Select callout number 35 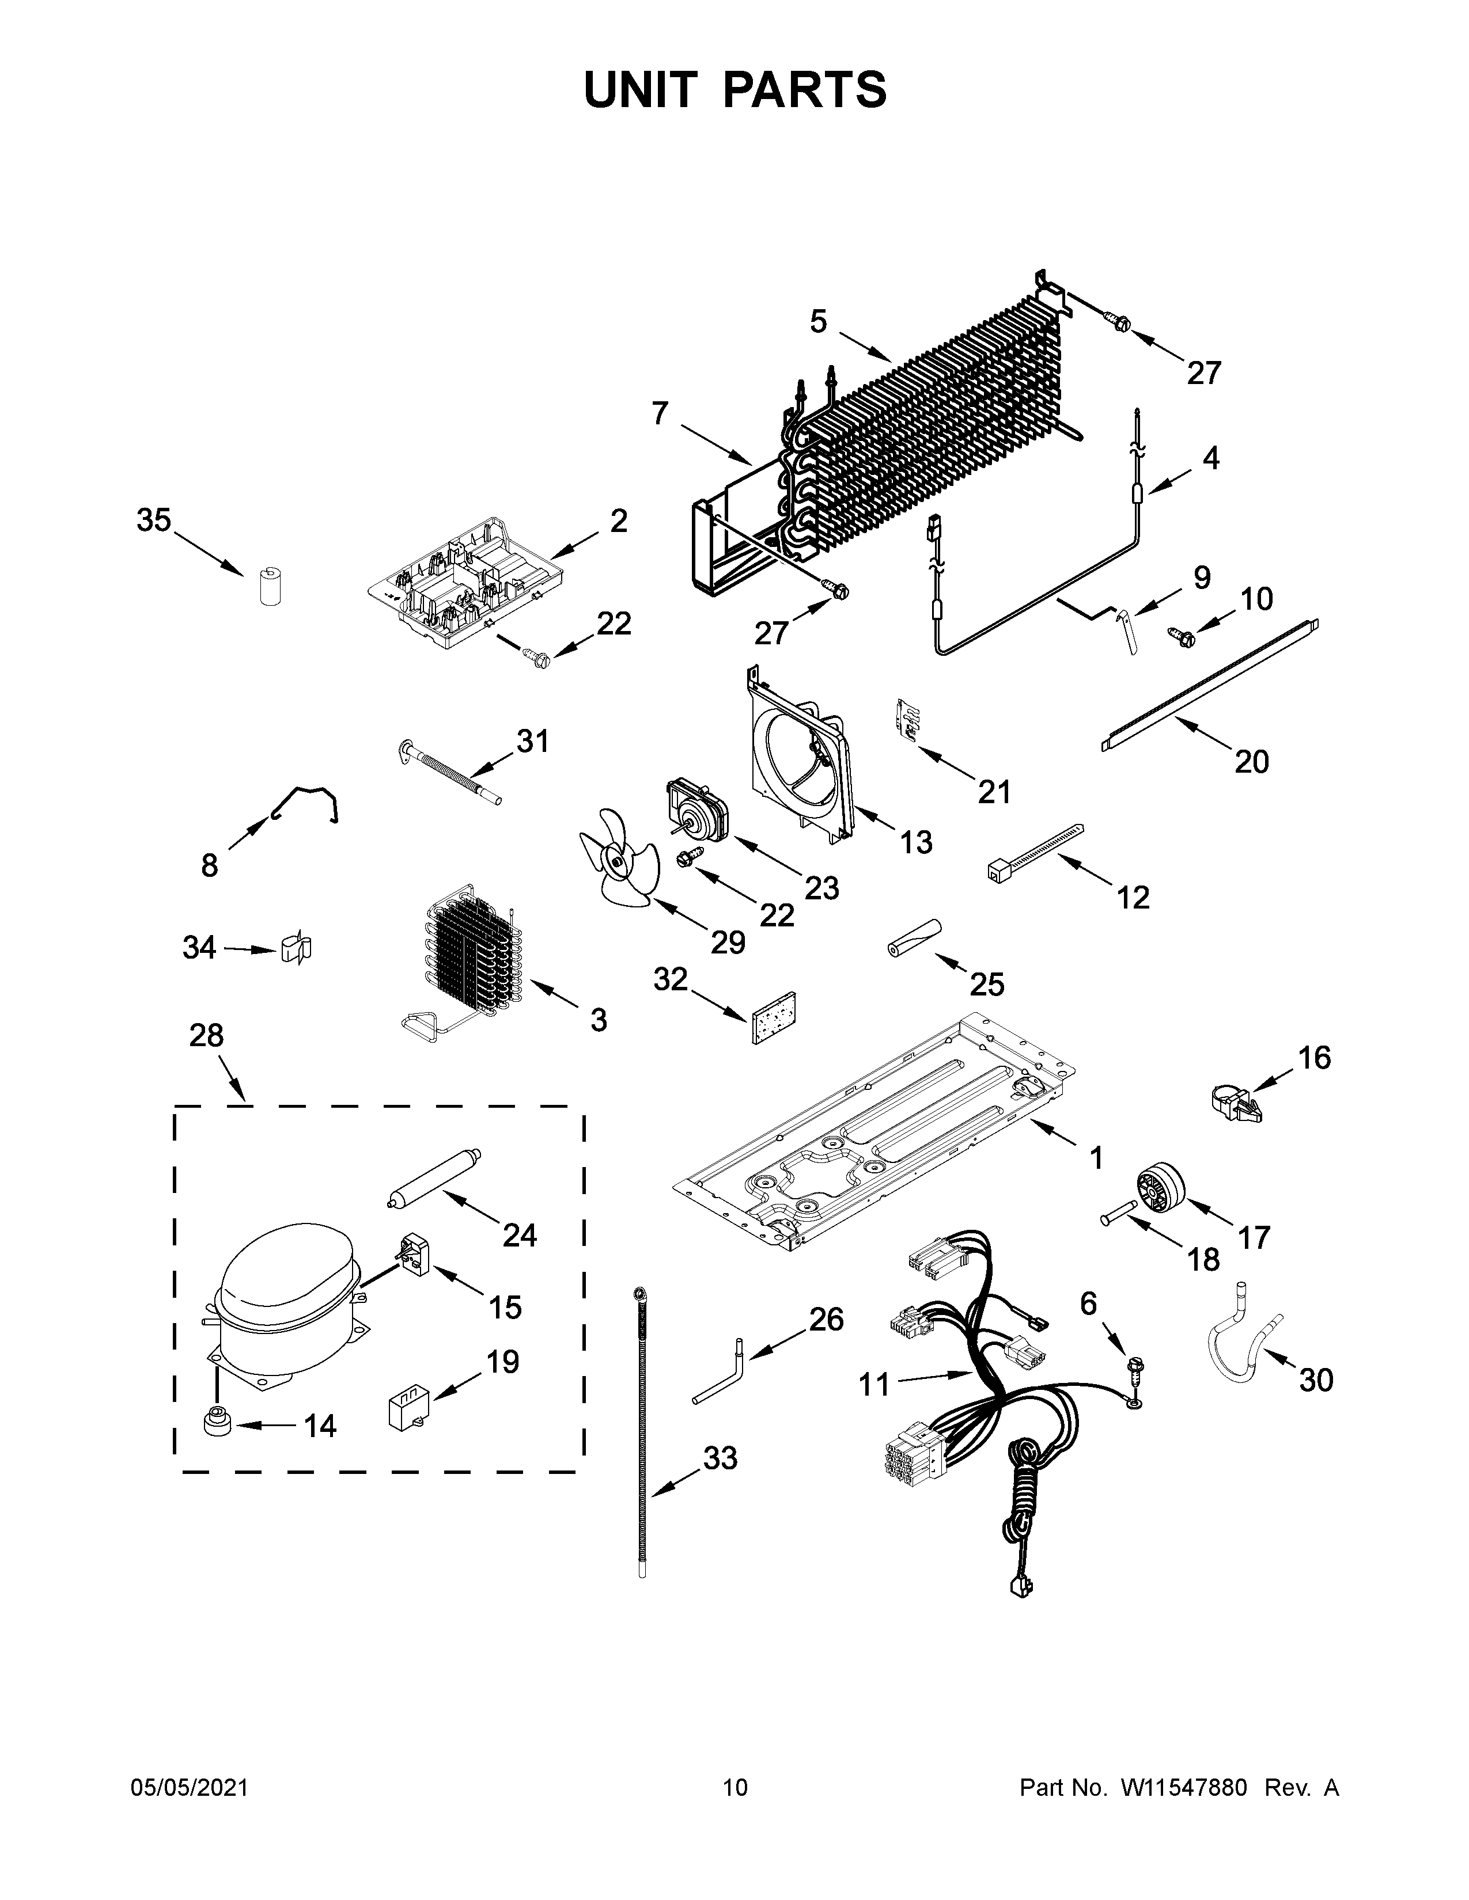click(x=153, y=521)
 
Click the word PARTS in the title click(x=804, y=90)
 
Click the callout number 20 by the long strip click(x=1251, y=762)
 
